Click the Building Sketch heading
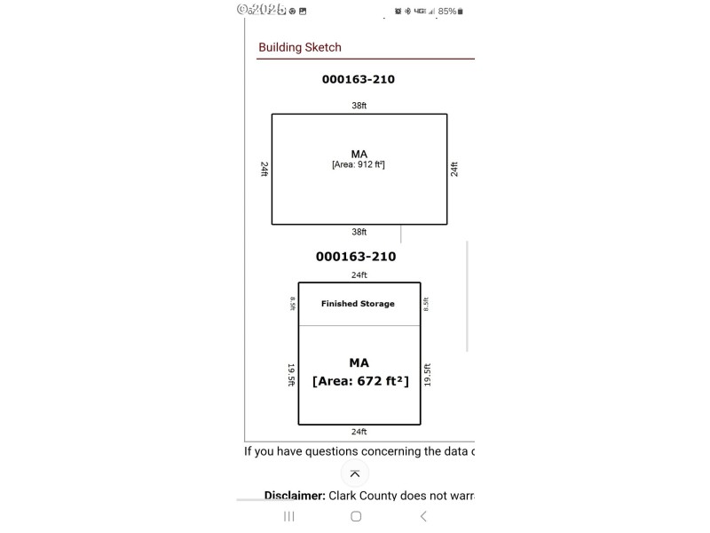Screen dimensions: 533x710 point(300,48)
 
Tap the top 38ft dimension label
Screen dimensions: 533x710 point(359,106)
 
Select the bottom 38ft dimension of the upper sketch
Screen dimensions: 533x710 point(359,232)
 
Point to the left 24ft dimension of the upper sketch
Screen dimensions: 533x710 point(264,169)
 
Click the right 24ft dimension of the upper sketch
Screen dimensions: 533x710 point(454,169)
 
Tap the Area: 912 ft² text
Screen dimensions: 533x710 point(359,164)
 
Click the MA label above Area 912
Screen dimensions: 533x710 point(359,154)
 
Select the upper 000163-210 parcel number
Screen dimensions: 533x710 point(359,79)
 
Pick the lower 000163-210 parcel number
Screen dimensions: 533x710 point(356,257)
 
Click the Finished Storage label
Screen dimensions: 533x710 point(358,304)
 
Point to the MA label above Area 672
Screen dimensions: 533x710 point(359,362)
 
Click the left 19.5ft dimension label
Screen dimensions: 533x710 point(291,375)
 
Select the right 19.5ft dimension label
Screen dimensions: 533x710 point(427,375)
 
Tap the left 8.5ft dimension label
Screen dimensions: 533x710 point(292,304)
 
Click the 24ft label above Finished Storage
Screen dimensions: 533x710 point(359,275)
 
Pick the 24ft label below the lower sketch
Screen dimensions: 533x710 point(359,432)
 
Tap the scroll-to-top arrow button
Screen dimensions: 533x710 point(355,473)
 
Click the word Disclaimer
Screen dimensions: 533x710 point(295,495)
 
